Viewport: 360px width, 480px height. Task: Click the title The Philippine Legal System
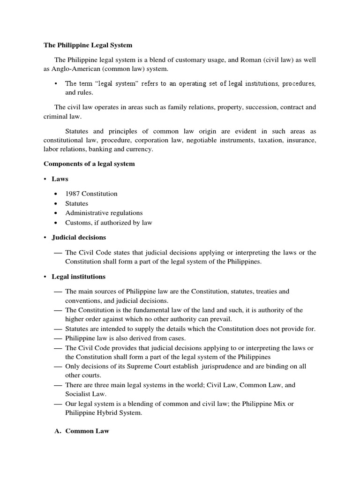[88, 45]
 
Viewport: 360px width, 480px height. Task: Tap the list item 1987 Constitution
[91, 194]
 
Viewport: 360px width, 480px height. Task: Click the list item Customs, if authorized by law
[109, 223]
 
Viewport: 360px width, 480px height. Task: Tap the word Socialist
[78, 394]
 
